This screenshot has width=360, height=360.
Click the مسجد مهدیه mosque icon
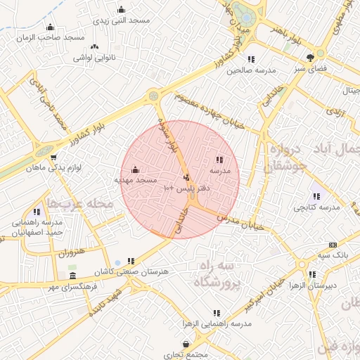click(x=135, y=169)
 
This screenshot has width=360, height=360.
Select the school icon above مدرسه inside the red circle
click(x=219, y=160)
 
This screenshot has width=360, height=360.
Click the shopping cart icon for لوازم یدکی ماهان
click(x=53, y=157)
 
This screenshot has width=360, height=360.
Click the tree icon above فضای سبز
click(x=310, y=58)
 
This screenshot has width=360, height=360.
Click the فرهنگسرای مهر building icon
click(x=72, y=276)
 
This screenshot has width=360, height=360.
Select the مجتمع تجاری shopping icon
click(x=186, y=345)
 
